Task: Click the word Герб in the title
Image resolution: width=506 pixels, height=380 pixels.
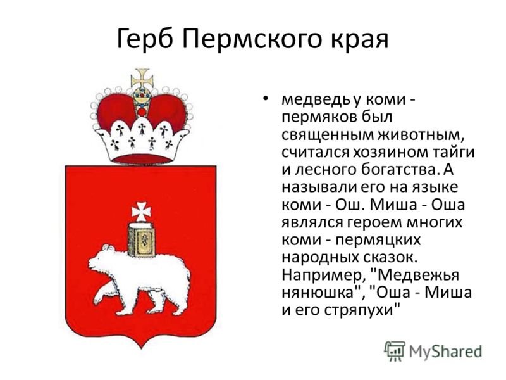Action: (145, 39)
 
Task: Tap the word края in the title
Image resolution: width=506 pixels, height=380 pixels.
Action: (359, 42)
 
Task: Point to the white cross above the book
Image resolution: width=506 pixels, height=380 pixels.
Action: (141, 212)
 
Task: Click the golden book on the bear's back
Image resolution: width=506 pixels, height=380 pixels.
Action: (141, 240)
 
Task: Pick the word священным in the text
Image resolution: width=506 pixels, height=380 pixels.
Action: (328, 135)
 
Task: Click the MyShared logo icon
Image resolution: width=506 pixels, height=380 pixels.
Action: (395, 351)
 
